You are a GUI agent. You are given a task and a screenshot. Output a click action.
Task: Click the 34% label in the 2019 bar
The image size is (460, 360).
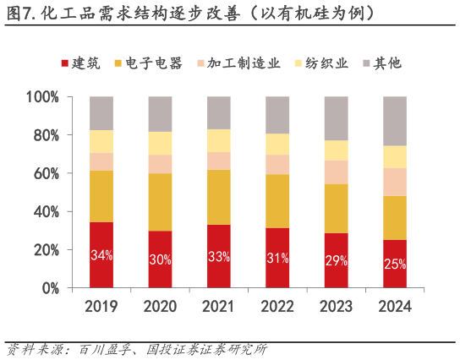click(x=101, y=255)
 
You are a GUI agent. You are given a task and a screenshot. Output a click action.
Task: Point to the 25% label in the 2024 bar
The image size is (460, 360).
click(x=394, y=264)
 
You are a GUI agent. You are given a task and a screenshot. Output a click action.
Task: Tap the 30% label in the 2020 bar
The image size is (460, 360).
click(x=160, y=259)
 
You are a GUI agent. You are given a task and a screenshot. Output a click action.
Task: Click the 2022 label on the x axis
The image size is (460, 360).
click(x=277, y=307)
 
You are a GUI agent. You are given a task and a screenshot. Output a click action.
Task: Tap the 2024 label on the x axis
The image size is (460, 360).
click(x=394, y=307)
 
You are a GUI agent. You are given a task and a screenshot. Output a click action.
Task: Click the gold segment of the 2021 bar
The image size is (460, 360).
click(x=218, y=197)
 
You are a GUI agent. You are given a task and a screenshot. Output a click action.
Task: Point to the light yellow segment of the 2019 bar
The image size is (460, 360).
click(x=101, y=141)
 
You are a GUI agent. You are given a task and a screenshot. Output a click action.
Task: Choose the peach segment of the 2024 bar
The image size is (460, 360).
click(x=394, y=182)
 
